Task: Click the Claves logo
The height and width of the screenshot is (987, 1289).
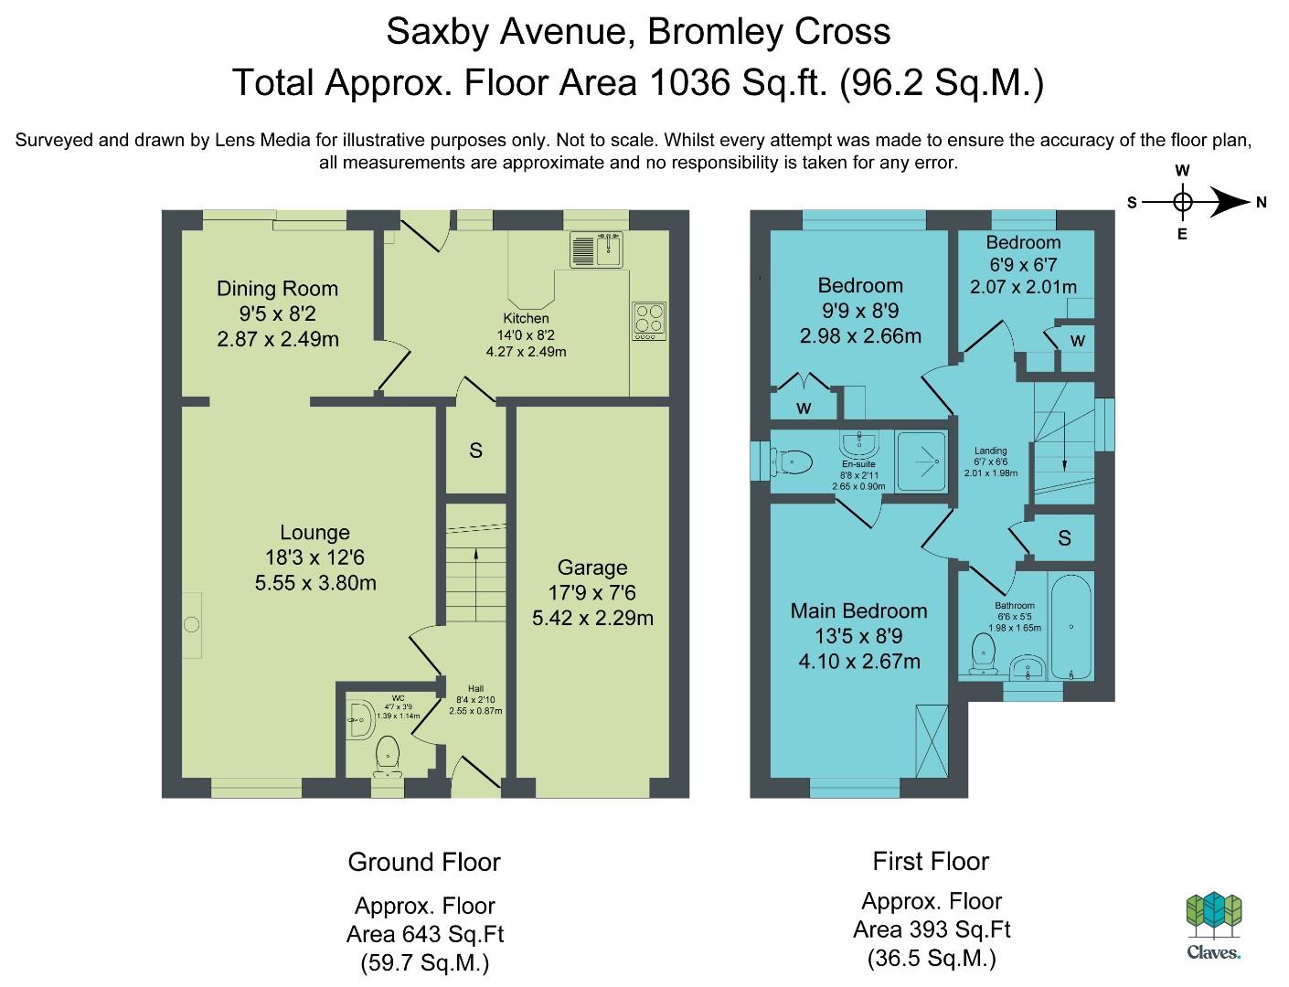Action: [1214, 926]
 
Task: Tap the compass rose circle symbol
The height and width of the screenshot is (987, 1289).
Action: [1183, 202]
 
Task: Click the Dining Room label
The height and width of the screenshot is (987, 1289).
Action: [277, 289]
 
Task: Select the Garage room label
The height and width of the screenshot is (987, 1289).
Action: [592, 568]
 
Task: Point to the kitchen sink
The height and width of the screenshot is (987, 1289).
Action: [596, 249]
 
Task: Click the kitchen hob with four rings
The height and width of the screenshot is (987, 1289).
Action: [649, 321]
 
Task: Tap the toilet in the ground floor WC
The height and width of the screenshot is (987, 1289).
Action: [388, 757]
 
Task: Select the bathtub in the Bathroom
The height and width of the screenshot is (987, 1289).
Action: [1071, 627]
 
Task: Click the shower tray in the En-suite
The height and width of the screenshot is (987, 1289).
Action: [921, 462]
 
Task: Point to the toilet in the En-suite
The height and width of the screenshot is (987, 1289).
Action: [792, 462]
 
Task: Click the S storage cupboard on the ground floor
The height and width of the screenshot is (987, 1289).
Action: [475, 451]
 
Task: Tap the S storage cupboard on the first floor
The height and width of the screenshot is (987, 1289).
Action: [1064, 537]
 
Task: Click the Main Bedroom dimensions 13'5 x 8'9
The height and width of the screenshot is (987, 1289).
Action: [858, 636]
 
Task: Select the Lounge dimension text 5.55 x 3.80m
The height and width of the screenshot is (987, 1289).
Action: [315, 583]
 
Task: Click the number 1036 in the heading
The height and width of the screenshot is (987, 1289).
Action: [689, 82]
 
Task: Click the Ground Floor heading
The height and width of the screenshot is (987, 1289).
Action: [424, 862]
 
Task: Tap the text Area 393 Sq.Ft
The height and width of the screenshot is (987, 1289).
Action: [932, 929]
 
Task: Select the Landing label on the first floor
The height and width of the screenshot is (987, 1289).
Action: [991, 451]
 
